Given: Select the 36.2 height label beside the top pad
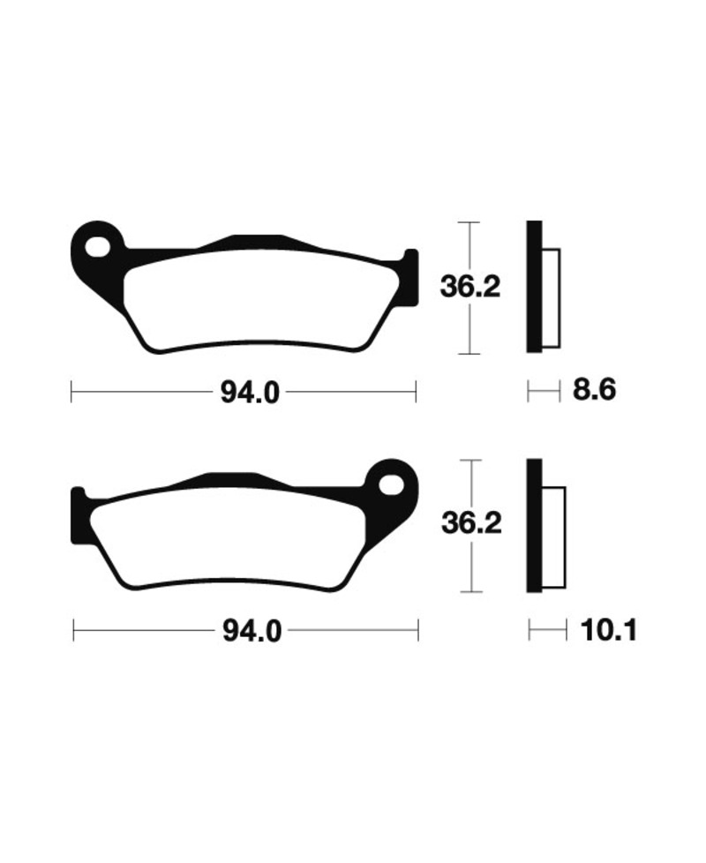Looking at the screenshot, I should pos(470,287).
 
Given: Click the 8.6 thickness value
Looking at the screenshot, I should pos(594,390).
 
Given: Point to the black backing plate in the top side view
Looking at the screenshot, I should pos(533,287).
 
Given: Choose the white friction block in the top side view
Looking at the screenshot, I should pos(550,296).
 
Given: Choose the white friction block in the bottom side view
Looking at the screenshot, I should pos(552,537).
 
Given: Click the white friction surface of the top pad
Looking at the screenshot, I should pos(256,300).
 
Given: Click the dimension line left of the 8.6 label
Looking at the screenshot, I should pos(544,390).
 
